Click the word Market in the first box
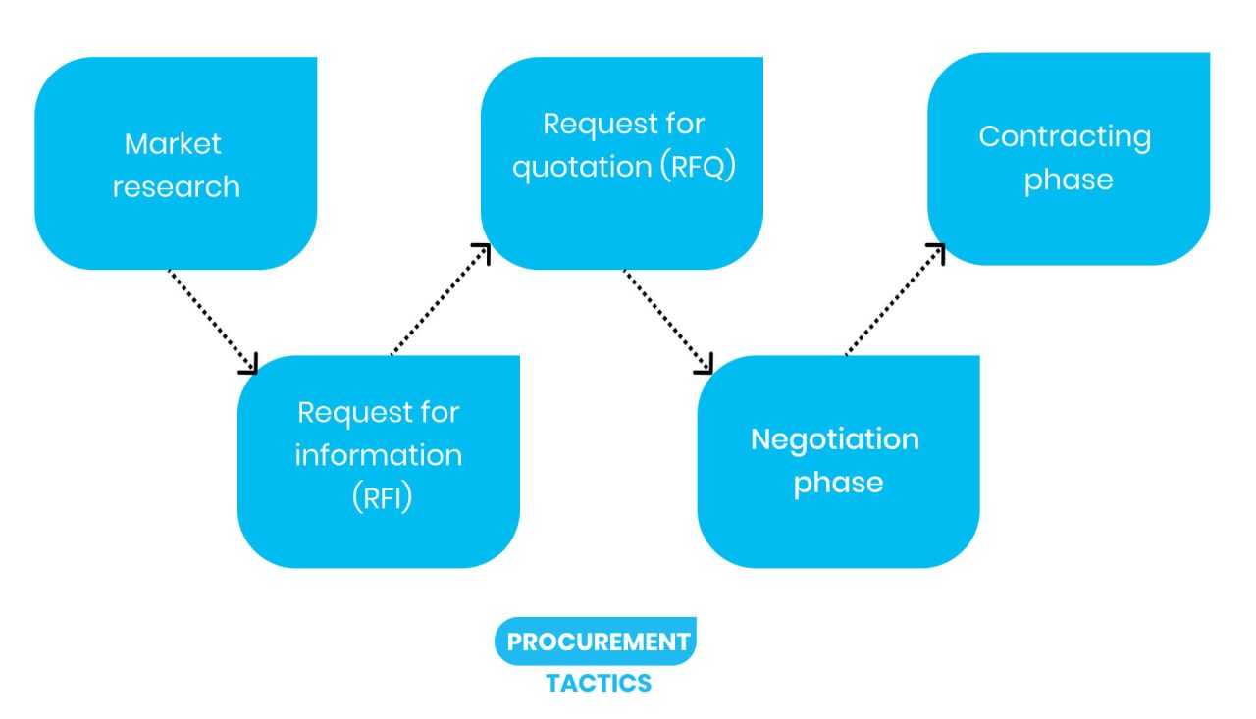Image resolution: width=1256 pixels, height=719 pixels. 173,144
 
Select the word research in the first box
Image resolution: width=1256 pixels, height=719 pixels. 176,186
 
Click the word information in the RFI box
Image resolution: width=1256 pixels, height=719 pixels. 379,455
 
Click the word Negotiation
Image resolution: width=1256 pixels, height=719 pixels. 834,438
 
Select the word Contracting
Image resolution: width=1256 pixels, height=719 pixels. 1065,136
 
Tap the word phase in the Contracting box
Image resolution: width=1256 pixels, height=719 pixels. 1069,180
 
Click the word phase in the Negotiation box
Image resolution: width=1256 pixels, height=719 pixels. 838,482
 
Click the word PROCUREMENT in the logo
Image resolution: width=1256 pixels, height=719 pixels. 599,642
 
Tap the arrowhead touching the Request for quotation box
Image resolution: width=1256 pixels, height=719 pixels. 482,251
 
